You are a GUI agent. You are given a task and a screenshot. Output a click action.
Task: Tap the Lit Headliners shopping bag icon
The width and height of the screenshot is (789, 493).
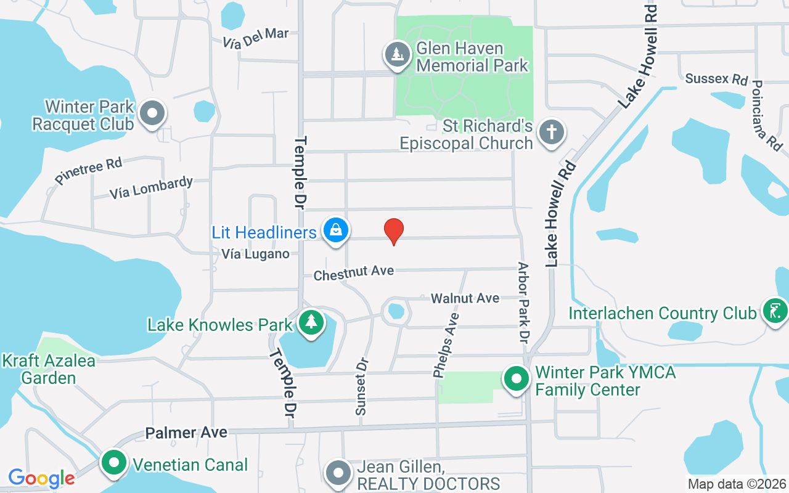coord(336,230)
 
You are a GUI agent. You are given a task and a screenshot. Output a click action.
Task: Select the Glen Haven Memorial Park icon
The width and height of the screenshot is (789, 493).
coord(398,54)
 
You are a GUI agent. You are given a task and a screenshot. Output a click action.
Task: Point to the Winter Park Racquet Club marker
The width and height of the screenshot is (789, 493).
coord(152,113)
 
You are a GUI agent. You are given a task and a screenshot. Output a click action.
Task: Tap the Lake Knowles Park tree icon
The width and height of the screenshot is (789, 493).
coord(312,322)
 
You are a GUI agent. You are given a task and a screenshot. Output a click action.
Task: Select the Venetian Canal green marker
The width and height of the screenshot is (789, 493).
coord(113,463)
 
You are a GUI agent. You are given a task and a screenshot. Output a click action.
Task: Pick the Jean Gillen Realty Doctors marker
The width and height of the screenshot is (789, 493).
coord(338,473)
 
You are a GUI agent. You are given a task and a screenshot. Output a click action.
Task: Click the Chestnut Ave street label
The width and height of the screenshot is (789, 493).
coord(353,272)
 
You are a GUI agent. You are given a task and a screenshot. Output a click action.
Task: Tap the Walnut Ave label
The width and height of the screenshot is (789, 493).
coord(465,298)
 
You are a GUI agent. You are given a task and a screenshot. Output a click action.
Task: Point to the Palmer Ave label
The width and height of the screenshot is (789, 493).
coord(186,433)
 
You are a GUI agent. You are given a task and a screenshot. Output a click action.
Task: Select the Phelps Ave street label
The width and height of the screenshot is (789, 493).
coord(446,344)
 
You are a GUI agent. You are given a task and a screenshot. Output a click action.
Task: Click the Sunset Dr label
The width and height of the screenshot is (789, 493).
coord(361,386)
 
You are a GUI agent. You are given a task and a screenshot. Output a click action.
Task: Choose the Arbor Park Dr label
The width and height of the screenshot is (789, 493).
coord(524,303)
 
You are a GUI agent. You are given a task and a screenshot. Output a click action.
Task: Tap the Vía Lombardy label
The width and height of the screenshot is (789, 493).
coord(151,188)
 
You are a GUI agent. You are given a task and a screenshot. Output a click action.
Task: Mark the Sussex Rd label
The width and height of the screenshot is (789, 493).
coord(716,79)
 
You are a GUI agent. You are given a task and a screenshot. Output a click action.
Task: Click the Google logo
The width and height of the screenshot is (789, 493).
coord(41,478)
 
